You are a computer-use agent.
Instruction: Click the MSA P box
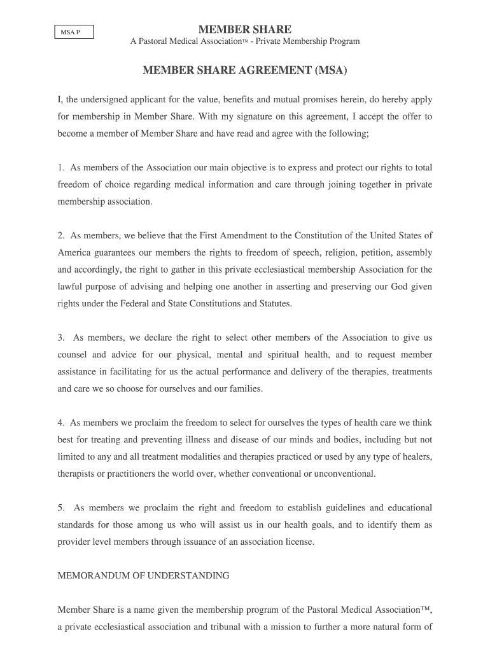pyautogui.click(x=73, y=32)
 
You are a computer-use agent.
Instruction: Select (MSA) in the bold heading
pyautogui.click(x=332, y=70)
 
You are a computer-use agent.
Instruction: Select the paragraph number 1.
pyautogui.click(x=61, y=168)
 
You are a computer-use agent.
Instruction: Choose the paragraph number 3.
pyautogui.click(x=61, y=338)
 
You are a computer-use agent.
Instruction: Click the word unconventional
pyautogui.click(x=341, y=474)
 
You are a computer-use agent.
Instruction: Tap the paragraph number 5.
pyautogui.click(x=61, y=508)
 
